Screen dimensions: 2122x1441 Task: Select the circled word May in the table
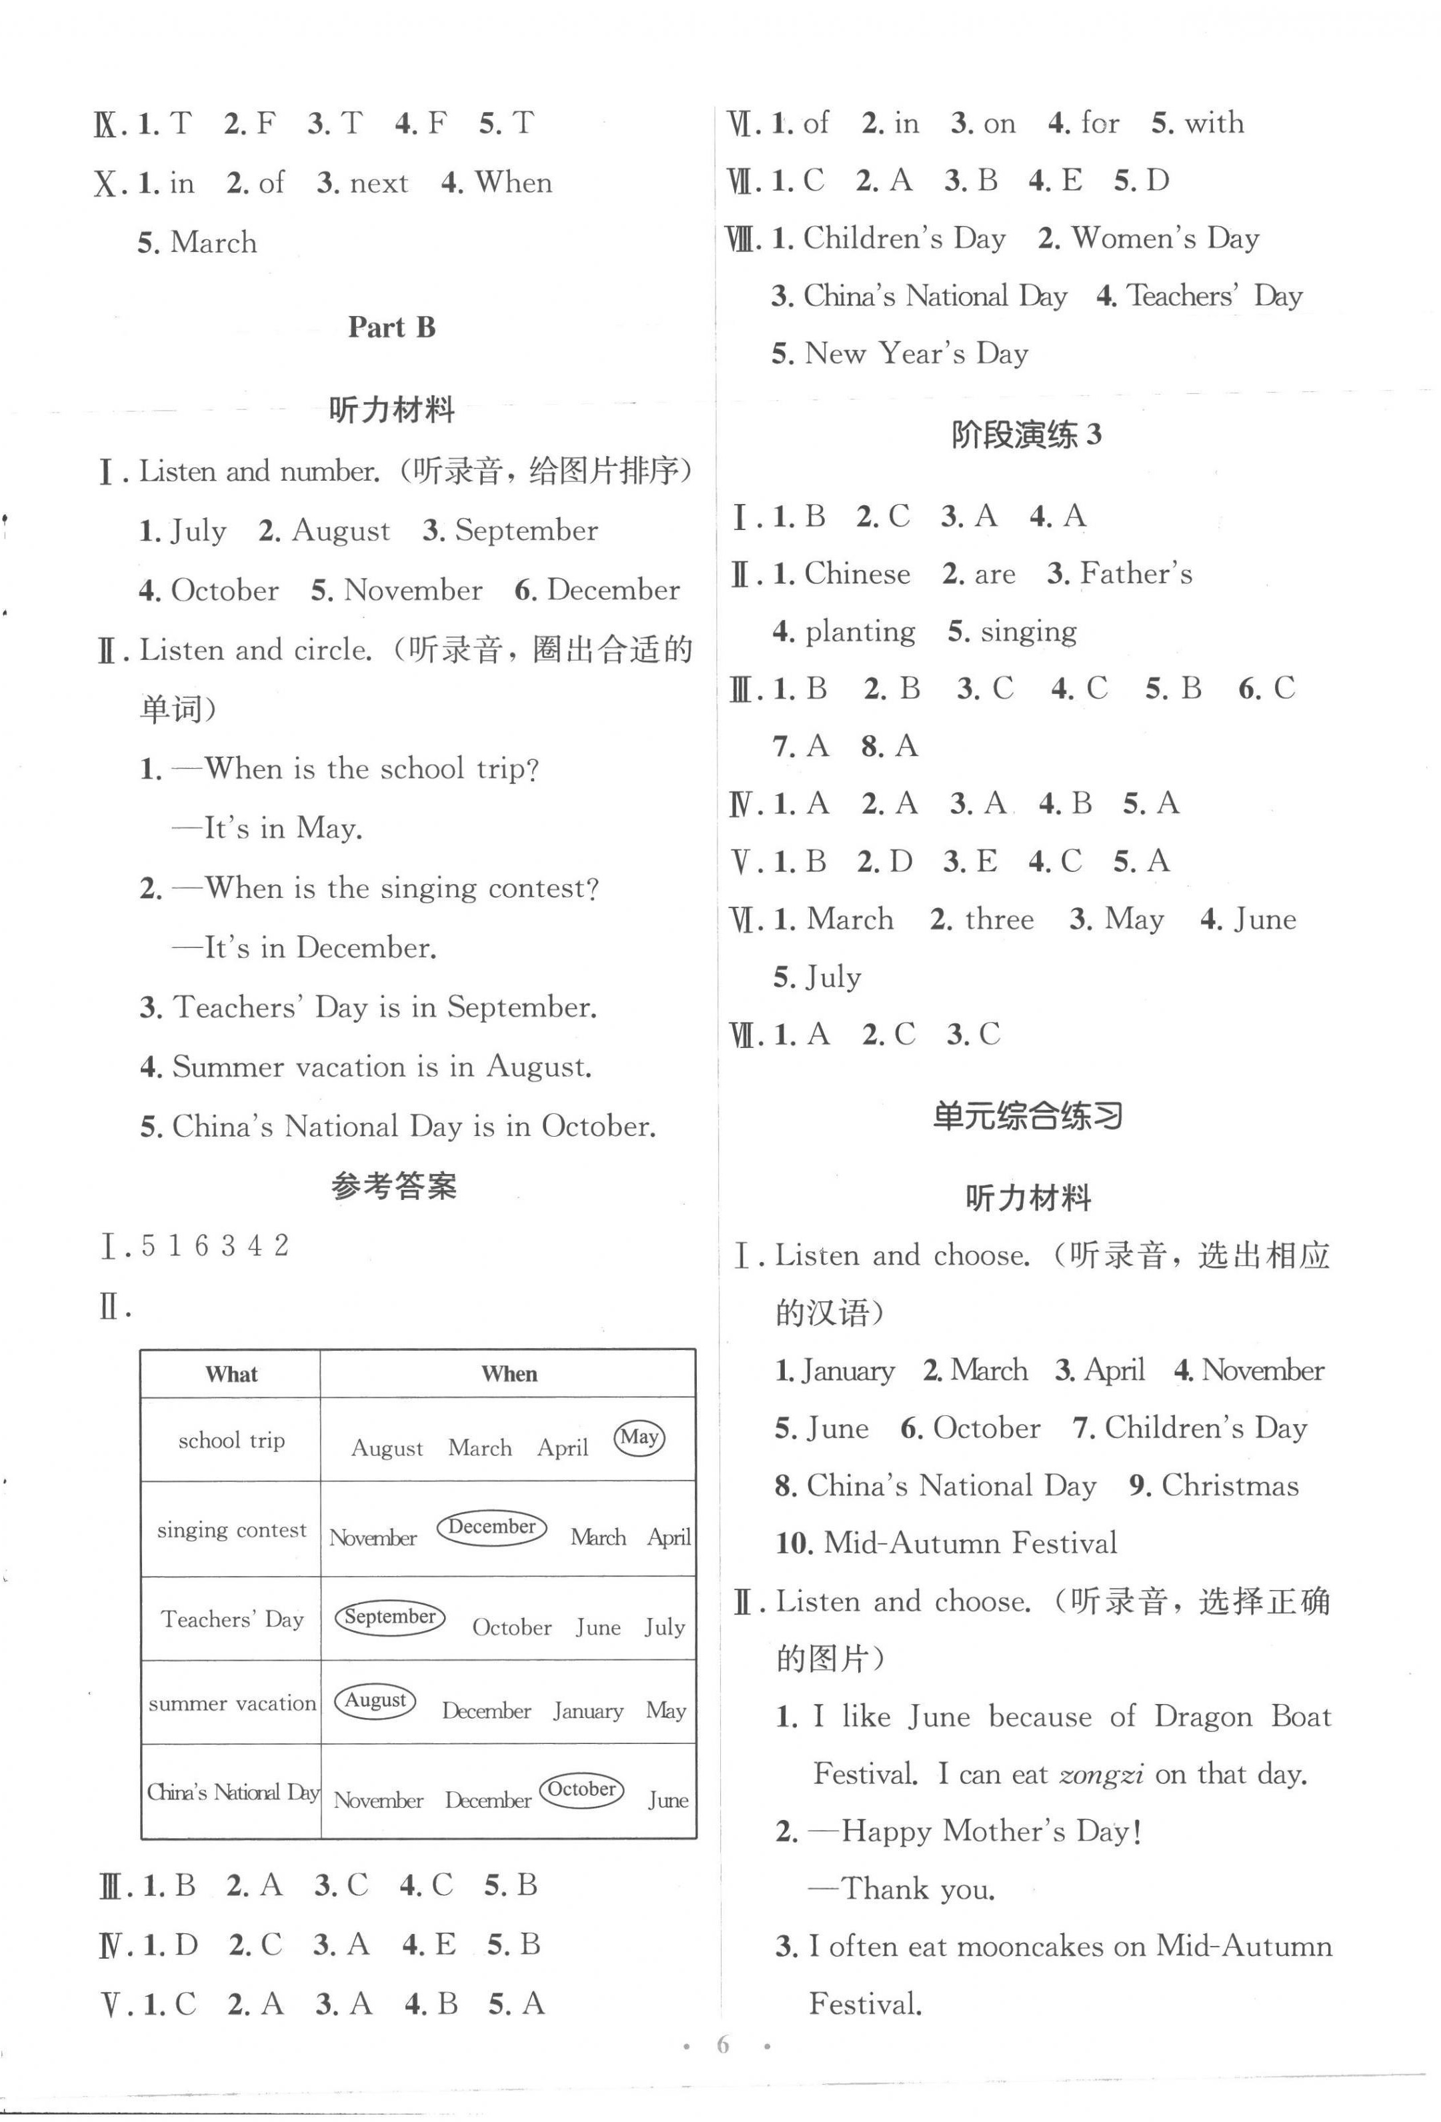pos(639,1437)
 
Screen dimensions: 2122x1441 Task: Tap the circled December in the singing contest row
pos(491,1527)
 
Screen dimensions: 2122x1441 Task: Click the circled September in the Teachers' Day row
pos(390,1616)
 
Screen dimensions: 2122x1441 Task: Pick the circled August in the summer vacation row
pos(375,1700)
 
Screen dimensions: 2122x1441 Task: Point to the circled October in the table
pos(581,1789)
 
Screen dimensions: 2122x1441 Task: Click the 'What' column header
pos(231,1374)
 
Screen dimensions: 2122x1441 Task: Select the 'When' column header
pos(509,1374)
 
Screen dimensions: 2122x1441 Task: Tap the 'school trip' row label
pos(231,1441)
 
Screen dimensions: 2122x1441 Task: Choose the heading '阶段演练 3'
pos(1026,435)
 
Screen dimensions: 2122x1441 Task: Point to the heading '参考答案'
pos(393,1186)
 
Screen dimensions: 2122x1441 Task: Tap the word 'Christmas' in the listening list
pos(1229,1485)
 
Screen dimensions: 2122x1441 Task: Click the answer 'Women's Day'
pos(1164,238)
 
